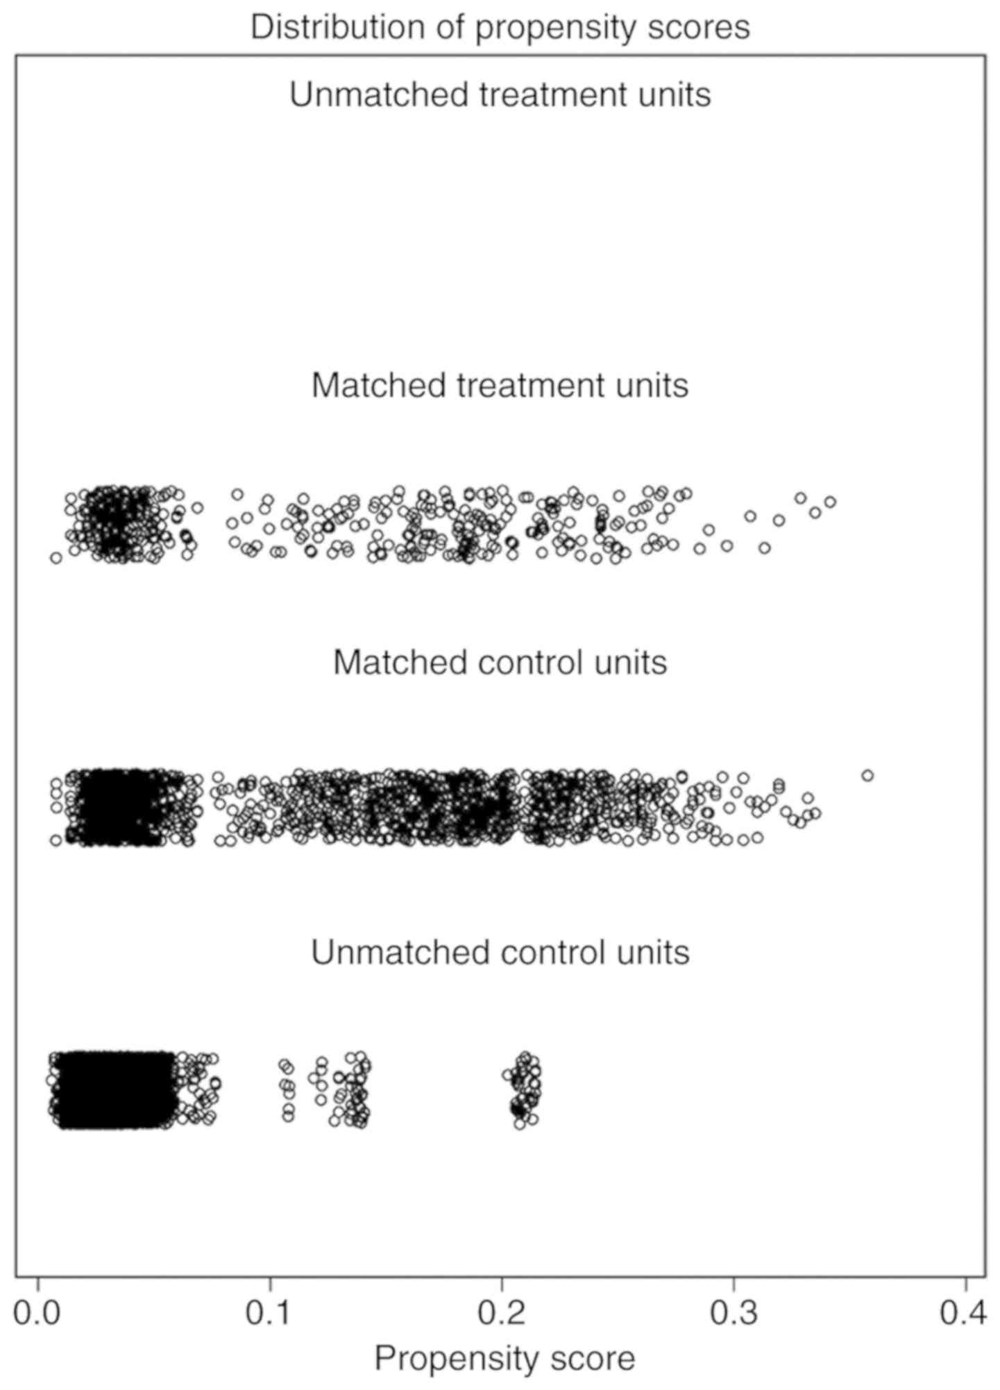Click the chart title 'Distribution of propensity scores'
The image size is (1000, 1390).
pos(500,28)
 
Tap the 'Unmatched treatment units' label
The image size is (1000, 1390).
pos(500,94)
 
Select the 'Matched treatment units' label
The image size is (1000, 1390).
pos(500,385)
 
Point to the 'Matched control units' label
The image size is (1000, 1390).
pos(500,662)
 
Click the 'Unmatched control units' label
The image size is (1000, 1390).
pos(500,952)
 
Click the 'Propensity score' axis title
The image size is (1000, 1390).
pos(505,1358)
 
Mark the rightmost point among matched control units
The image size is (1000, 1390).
pos(867,775)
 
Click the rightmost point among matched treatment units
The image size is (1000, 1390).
pos(830,501)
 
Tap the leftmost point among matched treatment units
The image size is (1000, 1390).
pos(56,557)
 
